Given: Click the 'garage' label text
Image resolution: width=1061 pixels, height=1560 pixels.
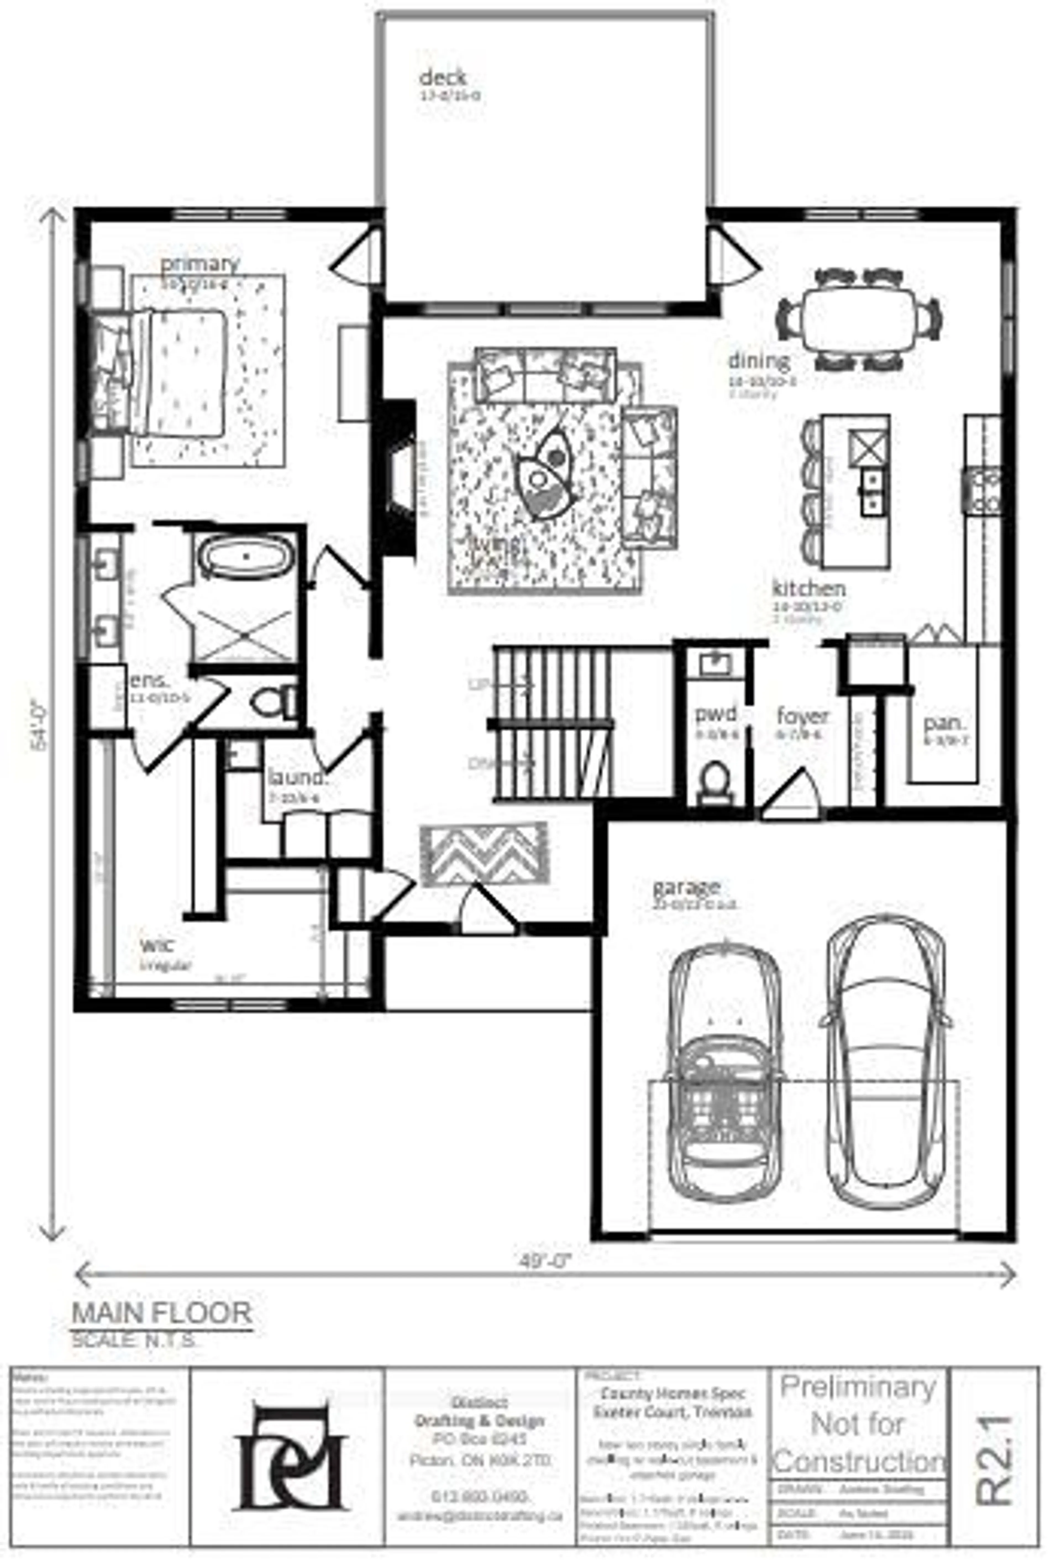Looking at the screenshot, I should (686, 887).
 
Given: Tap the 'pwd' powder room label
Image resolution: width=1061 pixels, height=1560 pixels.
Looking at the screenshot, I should (715, 713).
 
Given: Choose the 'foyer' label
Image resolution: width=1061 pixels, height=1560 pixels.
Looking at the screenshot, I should (803, 716).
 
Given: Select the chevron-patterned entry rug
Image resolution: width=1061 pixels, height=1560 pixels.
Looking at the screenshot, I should (483, 854).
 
